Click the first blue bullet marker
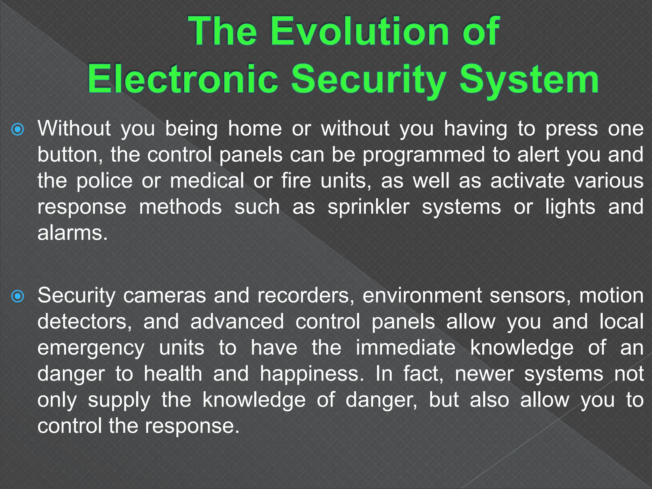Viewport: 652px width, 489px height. coord(18,130)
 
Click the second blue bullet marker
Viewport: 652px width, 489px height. coord(18,296)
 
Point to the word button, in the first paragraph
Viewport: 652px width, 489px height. coord(70,155)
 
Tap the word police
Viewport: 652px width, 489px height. coord(104,181)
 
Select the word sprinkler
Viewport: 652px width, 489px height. coord(368,207)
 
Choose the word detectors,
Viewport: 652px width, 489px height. coord(84,322)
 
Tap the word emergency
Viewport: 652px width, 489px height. coord(91,348)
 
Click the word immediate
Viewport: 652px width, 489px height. coord(406,348)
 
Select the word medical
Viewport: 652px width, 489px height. coord(207,181)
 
